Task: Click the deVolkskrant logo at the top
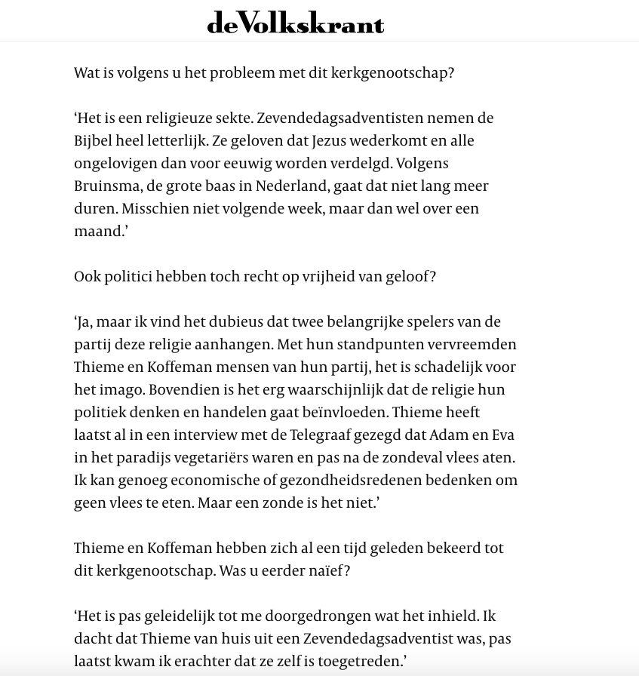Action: [x=296, y=23]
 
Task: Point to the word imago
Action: [x=121, y=390]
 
